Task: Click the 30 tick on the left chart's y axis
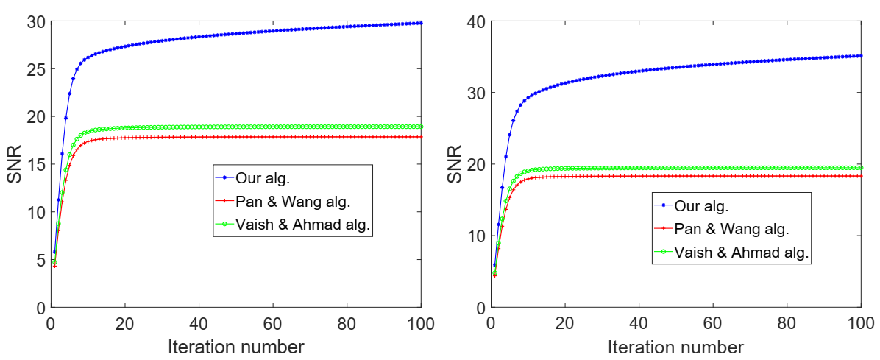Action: (x=33, y=22)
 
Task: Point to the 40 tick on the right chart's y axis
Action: (x=474, y=21)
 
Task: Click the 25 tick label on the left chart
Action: (x=33, y=69)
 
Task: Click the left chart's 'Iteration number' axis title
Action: (x=235, y=346)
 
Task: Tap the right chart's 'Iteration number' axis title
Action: (x=675, y=346)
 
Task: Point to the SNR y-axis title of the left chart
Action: (x=14, y=164)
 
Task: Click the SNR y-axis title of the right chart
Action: (x=455, y=164)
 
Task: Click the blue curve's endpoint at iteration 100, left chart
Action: (x=420, y=23)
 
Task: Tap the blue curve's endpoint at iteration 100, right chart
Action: (x=861, y=56)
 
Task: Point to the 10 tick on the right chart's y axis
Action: (x=474, y=236)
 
